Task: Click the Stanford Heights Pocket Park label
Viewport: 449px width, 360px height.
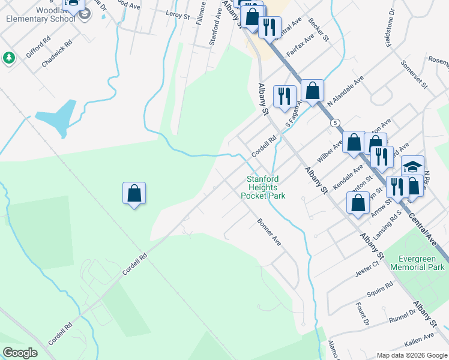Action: (x=263, y=187)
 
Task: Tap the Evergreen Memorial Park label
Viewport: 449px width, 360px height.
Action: (x=417, y=263)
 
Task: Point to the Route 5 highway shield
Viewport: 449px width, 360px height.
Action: (x=334, y=122)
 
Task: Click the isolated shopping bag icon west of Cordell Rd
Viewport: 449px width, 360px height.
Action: (x=134, y=194)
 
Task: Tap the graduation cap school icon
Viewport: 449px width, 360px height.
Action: (x=412, y=167)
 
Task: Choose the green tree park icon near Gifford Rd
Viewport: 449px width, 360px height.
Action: (x=9, y=58)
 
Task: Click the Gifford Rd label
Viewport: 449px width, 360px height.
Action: (x=38, y=47)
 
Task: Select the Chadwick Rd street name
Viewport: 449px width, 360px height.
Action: (x=57, y=53)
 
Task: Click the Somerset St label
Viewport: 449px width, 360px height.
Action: (x=415, y=75)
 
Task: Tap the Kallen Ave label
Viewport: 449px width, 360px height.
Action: (x=419, y=340)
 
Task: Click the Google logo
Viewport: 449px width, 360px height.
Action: (x=20, y=353)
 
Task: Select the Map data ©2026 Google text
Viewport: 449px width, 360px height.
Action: (x=411, y=355)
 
